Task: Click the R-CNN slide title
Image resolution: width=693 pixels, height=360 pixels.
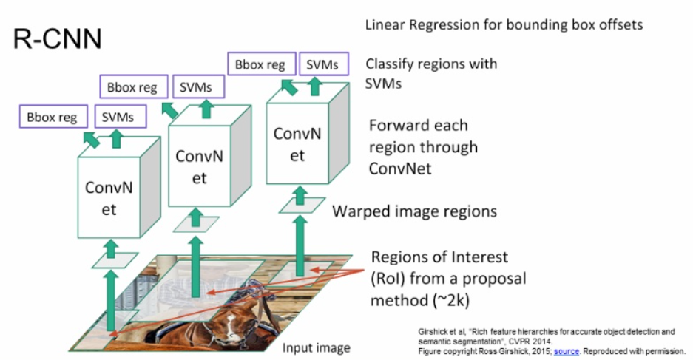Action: pyautogui.click(x=58, y=39)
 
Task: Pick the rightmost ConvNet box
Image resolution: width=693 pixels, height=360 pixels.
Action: pyautogui.click(x=297, y=144)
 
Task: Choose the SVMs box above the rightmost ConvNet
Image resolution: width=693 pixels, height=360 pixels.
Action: pyautogui.click(x=322, y=64)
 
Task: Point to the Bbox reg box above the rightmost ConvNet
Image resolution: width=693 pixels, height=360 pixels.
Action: pyautogui.click(x=260, y=64)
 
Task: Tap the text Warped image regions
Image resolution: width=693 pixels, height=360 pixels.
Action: pyautogui.click(x=414, y=211)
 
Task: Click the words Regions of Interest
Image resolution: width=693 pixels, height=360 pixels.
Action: pyautogui.click(x=439, y=257)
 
